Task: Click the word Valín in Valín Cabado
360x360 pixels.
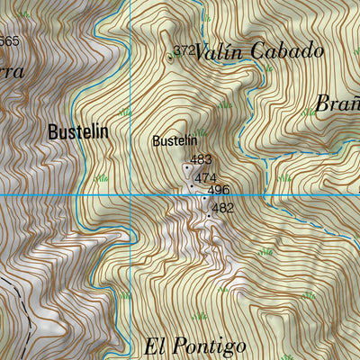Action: [217, 51]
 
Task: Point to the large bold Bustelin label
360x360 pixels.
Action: [78, 131]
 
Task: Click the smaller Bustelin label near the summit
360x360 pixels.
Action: [174, 141]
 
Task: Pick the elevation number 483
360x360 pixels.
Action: [200, 159]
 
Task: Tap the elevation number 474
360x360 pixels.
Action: [205, 178]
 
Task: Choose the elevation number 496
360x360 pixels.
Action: [219, 191]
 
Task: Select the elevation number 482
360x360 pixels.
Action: [222, 208]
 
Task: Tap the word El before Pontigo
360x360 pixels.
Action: [155, 346]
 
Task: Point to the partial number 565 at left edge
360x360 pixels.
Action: [9, 41]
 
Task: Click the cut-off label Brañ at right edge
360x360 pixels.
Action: [337, 103]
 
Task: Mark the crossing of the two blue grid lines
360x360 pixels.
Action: [130, 194]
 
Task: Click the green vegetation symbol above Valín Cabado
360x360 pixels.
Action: [205, 17]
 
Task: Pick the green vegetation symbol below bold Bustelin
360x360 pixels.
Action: [102, 179]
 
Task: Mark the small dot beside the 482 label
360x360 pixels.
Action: [209, 216]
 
